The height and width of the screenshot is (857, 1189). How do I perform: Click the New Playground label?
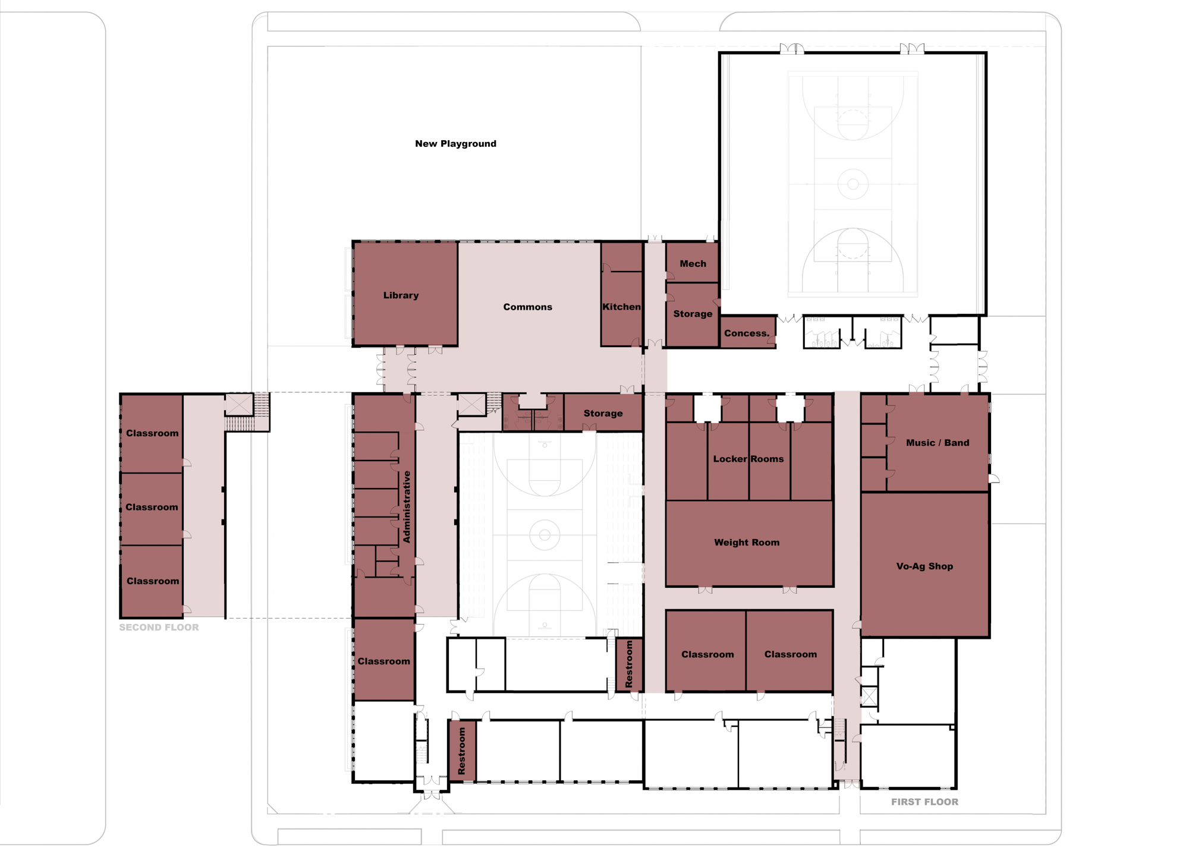pyautogui.click(x=455, y=144)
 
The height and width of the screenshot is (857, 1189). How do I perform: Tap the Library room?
pyautogui.click(x=405, y=294)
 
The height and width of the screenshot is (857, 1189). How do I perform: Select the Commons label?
pyautogui.click(x=528, y=307)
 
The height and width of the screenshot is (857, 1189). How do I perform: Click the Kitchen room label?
pyautogui.click(x=622, y=307)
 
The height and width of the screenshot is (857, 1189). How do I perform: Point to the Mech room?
pyautogui.click(x=692, y=261)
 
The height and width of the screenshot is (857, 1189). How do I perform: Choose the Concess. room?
pyautogui.click(x=747, y=332)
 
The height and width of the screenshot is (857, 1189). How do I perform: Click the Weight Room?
pyautogui.click(x=749, y=543)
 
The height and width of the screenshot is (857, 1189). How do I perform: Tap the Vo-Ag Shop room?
pyautogui.click(x=925, y=565)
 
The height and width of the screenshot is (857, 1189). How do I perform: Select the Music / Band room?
pyautogui.click(x=938, y=443)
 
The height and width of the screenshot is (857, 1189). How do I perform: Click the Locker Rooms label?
pyautogui.click(x=748, y=459)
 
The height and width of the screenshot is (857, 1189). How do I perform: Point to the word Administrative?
pyautogui.click(x=407, y=507)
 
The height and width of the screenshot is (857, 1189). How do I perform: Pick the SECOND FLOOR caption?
pyautogui.click(x=159, y=628)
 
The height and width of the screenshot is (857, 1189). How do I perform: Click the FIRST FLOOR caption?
pyautogui.click(x=924, y=802)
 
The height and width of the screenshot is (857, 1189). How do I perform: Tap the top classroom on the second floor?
pyautogui.click(x=152, y=433)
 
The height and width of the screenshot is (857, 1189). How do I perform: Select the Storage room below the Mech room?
pyautogui.click(x=692, y=314)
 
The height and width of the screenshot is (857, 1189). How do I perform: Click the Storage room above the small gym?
pyautogui.click(x=603, y=412)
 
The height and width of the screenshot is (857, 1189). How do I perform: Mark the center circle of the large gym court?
pyautogui.click(x=853, y=184)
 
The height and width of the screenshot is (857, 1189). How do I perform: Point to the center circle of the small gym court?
pyautogui.click(x=545, y=535)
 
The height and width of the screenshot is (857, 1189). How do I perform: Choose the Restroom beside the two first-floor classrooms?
pyautogui.click(x=629, y=664)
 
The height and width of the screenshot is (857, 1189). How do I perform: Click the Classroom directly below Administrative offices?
pyautogui.click(x=384, y=660)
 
